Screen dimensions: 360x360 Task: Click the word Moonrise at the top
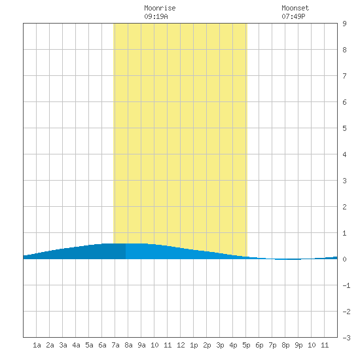click(x=160, y=8)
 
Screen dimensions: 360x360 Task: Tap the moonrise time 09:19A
click(x=156, y=16)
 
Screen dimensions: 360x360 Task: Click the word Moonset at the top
click(x=295, y=8)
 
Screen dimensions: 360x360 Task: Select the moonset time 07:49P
click(x=293, y=16)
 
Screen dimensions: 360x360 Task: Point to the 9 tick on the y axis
click(x=344, y=24)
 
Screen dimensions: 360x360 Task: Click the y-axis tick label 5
click(x=344, y=128)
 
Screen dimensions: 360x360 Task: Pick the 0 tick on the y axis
click(x=344, y=259)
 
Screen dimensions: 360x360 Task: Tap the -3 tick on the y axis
click(x=346, y=338)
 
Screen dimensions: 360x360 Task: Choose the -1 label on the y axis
click(x=346, y=285)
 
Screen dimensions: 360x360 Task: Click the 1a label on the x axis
click(x=37, y=345)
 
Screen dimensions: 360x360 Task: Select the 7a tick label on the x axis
click(x=115, y=345)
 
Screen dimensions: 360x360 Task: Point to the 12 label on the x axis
click(x=181, y=345)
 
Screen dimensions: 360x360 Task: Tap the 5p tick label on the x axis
click(x=246, y=345)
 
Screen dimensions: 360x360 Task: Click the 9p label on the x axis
click(x=298, y=345)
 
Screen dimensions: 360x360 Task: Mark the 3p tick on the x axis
click(x=220, y=345)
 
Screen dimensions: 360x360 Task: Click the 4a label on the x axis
click(x=76, y=345)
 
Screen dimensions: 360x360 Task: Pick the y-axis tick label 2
click(x=344, y=207)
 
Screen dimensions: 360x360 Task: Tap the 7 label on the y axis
click(x=344, y=76)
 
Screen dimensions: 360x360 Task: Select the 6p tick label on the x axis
click(x=259, y=345)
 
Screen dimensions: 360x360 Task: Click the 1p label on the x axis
click(x=194, y=345)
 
